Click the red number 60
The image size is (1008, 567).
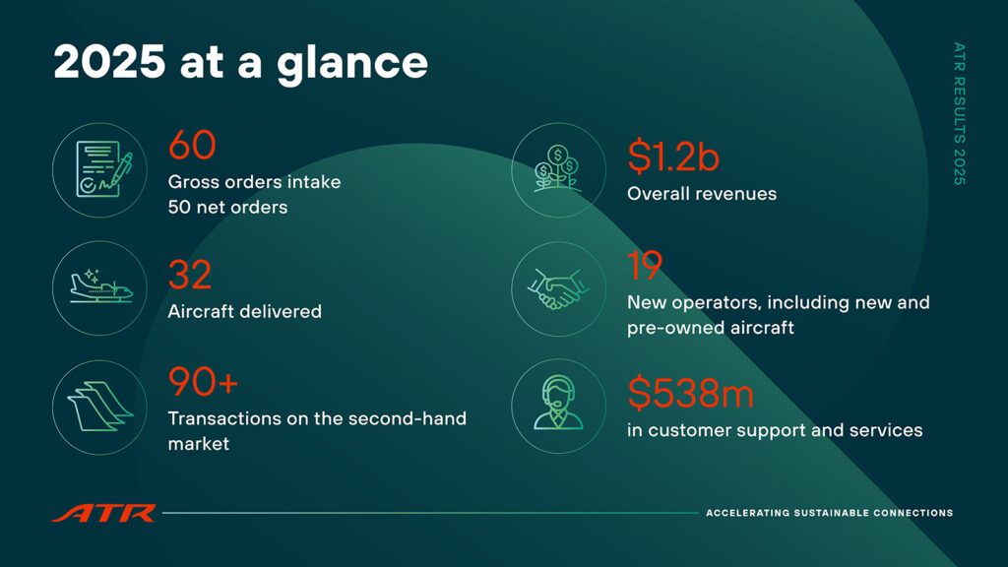[192, 145]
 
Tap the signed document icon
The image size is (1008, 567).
[103, 169]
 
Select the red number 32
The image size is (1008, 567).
[190, 276]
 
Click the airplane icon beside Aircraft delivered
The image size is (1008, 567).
[101, 286]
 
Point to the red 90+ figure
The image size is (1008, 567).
[203, 382]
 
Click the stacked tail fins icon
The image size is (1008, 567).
[100, 407]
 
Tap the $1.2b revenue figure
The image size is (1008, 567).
[673, 157]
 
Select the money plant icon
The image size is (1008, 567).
[558, 168]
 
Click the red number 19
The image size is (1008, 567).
[644, 266]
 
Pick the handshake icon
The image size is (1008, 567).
[558, 288]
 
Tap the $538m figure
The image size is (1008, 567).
[690, 393]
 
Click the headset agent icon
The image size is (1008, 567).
[558, 403]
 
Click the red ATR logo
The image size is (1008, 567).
[104, 513]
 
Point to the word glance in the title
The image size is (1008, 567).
[352, 64]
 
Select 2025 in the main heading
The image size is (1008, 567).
[109, 62]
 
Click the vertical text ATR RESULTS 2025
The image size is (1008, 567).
[959, 114]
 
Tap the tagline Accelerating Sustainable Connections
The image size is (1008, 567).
[829, 513]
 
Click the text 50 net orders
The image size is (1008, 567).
[227, 207]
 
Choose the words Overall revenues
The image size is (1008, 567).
[702, 194]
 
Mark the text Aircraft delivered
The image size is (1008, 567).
[245, 311]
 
